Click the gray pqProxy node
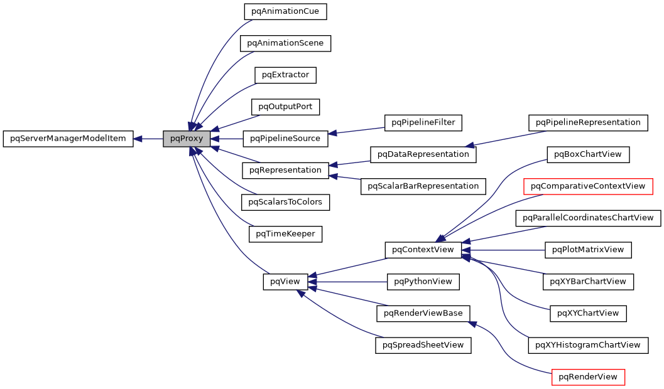(x=187, y=139)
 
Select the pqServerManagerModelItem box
(x=68, y=139)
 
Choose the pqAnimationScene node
(x=285, y=43)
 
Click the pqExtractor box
(x=285, y=75)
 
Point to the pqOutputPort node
(x=285, y=107)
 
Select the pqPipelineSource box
(x=285, y=139)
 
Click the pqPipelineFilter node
(x=423, y=122)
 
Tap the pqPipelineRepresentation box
(x=588, y=122)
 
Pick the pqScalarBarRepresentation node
(x=423, y=186)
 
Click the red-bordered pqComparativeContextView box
(x=588, y=186)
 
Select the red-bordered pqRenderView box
(x=588, y=376)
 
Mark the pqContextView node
(x=423, y=250)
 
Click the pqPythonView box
(x=423, y=282)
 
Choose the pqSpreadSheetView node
(x=423, y=345)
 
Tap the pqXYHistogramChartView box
(x=588, y=345)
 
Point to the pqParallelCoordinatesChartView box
(x=588, y=218)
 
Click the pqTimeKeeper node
(x=285, y=234)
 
